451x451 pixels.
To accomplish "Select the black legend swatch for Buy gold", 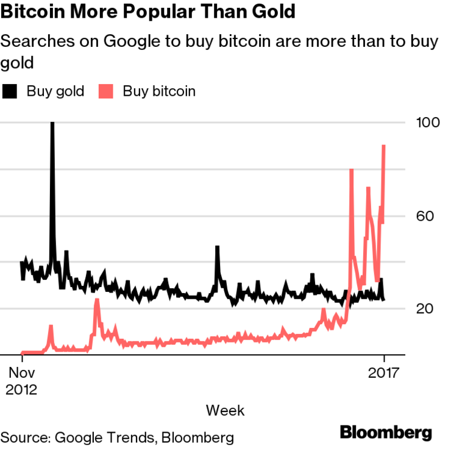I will [10, 91].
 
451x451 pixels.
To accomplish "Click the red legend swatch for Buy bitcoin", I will [107, 91].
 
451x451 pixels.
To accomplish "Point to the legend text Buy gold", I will [55, 91].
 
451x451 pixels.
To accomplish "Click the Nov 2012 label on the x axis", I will [22, 381].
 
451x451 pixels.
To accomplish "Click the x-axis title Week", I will [225, 410].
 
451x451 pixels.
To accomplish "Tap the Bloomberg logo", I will [386, 433].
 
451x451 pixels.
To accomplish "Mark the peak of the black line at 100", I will [52, 124].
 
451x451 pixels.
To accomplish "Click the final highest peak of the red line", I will [384, 146].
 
